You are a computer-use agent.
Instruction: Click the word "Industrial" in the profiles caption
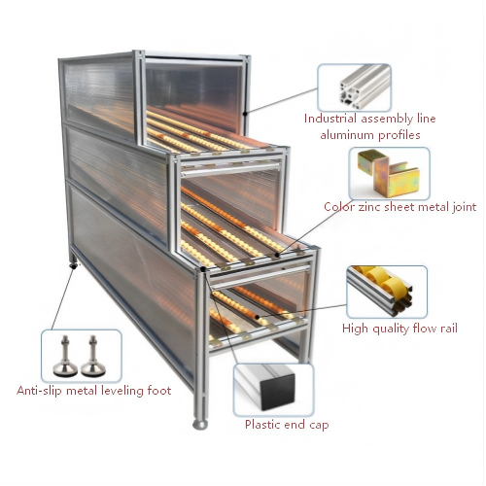(330, 119)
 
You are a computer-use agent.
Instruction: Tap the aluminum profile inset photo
(354, 87)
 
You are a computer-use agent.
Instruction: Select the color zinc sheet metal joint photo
(389, 174)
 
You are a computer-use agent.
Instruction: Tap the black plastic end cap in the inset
(278, 392)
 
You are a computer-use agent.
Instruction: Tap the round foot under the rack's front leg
(200, 425)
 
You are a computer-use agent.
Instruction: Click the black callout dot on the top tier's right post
(245, 114)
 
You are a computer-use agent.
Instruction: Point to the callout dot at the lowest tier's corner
(203, 269)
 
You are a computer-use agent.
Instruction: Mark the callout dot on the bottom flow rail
(257, 317)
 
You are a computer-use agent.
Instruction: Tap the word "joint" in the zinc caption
(464, 207)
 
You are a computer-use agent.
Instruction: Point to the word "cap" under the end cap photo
(319, 425)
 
